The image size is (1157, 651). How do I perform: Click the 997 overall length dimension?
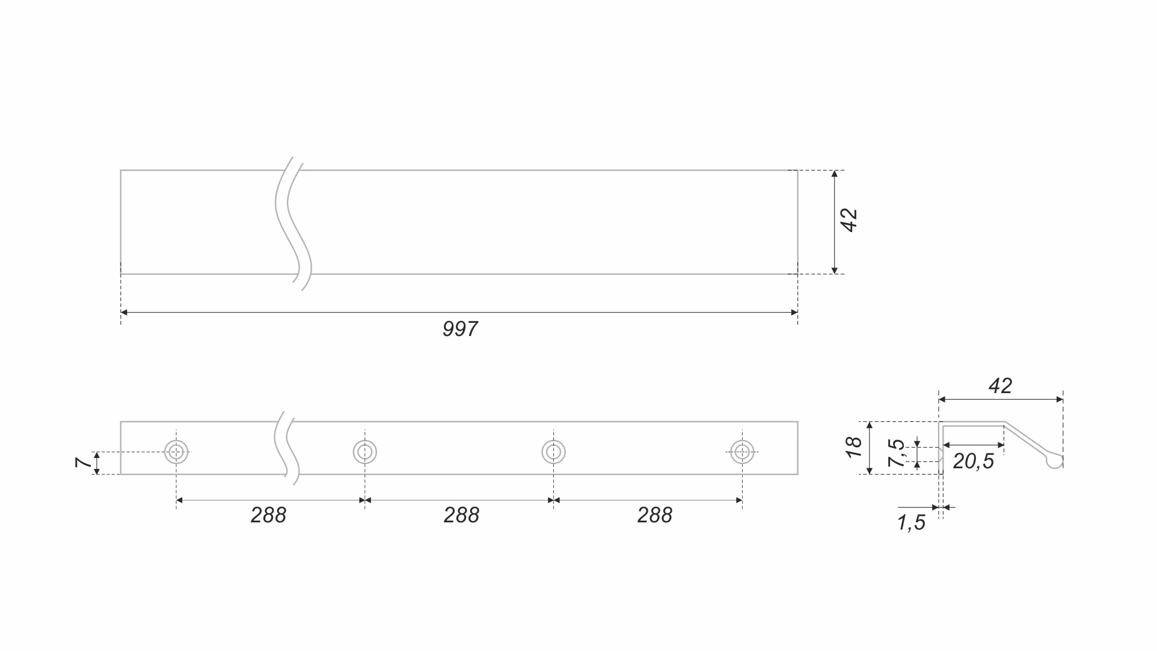(460, 329)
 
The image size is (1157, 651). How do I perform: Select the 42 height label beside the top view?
(849, 220)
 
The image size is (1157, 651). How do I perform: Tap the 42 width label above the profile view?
(1000, 386)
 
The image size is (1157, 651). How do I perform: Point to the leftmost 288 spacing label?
(268, 515)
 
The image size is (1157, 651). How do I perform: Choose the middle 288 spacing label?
(461, 515)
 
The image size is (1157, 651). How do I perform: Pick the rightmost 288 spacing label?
(654, 515)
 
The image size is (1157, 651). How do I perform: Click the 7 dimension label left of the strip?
(84, 462)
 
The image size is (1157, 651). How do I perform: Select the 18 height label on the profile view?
(853, 447)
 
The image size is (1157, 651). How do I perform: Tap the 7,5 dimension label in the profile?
(897, 453)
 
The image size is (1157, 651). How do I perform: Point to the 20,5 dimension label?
(973, 462)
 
